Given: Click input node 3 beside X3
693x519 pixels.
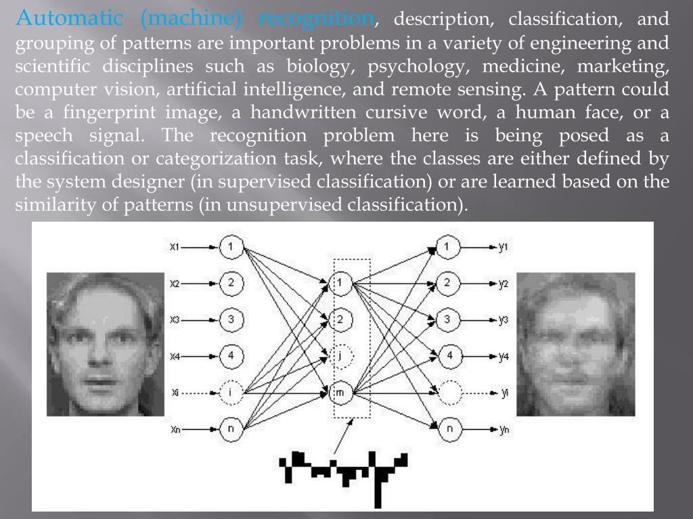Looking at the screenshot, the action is click(231, 319).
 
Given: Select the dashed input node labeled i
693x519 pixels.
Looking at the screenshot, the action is click(231, 391).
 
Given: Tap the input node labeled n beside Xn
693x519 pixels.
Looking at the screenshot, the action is click(231, 428).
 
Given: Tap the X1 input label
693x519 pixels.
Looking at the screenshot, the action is click(175, 247).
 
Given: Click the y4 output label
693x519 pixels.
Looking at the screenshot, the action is click(503, 356).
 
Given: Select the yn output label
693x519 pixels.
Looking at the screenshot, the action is click(504, 429).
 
